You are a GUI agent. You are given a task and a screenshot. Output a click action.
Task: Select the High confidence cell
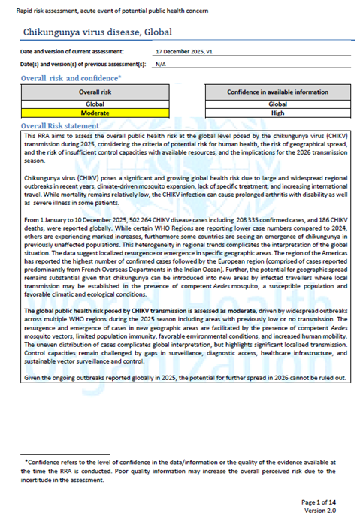click(277, 113)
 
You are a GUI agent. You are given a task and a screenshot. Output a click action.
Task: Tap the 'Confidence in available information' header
click(277, 92)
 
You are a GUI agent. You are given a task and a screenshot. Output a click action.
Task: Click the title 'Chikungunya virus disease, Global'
click(98, 32)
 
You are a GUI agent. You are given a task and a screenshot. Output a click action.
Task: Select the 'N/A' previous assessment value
click(160, 65)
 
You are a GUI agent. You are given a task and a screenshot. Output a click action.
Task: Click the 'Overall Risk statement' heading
click(60, 125)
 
